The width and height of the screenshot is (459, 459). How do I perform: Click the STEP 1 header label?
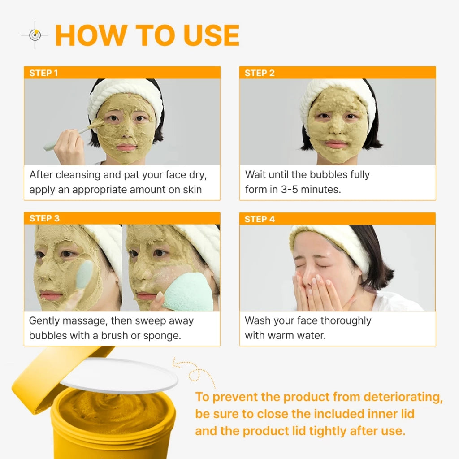coord(43,73)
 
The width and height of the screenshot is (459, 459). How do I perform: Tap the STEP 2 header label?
coord(260,73)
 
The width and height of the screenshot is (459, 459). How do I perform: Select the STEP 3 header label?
coord(44,218)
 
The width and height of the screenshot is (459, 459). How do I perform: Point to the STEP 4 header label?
coord(260,219)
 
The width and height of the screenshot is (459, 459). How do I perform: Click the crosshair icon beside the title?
coord(35,35)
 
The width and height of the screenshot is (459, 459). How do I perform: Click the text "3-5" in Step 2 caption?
coord(289,190)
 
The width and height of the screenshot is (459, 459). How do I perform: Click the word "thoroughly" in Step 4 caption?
coord(346,321)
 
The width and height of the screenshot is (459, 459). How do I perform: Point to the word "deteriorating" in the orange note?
coord(403,398)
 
